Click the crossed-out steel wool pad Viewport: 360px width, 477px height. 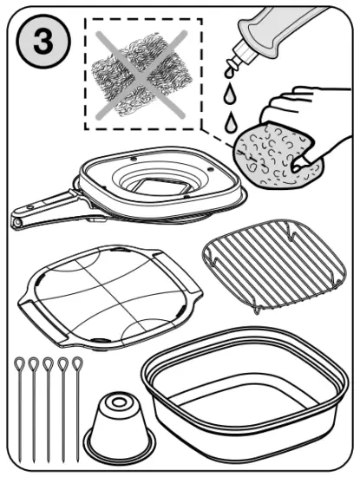pos(135,75)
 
